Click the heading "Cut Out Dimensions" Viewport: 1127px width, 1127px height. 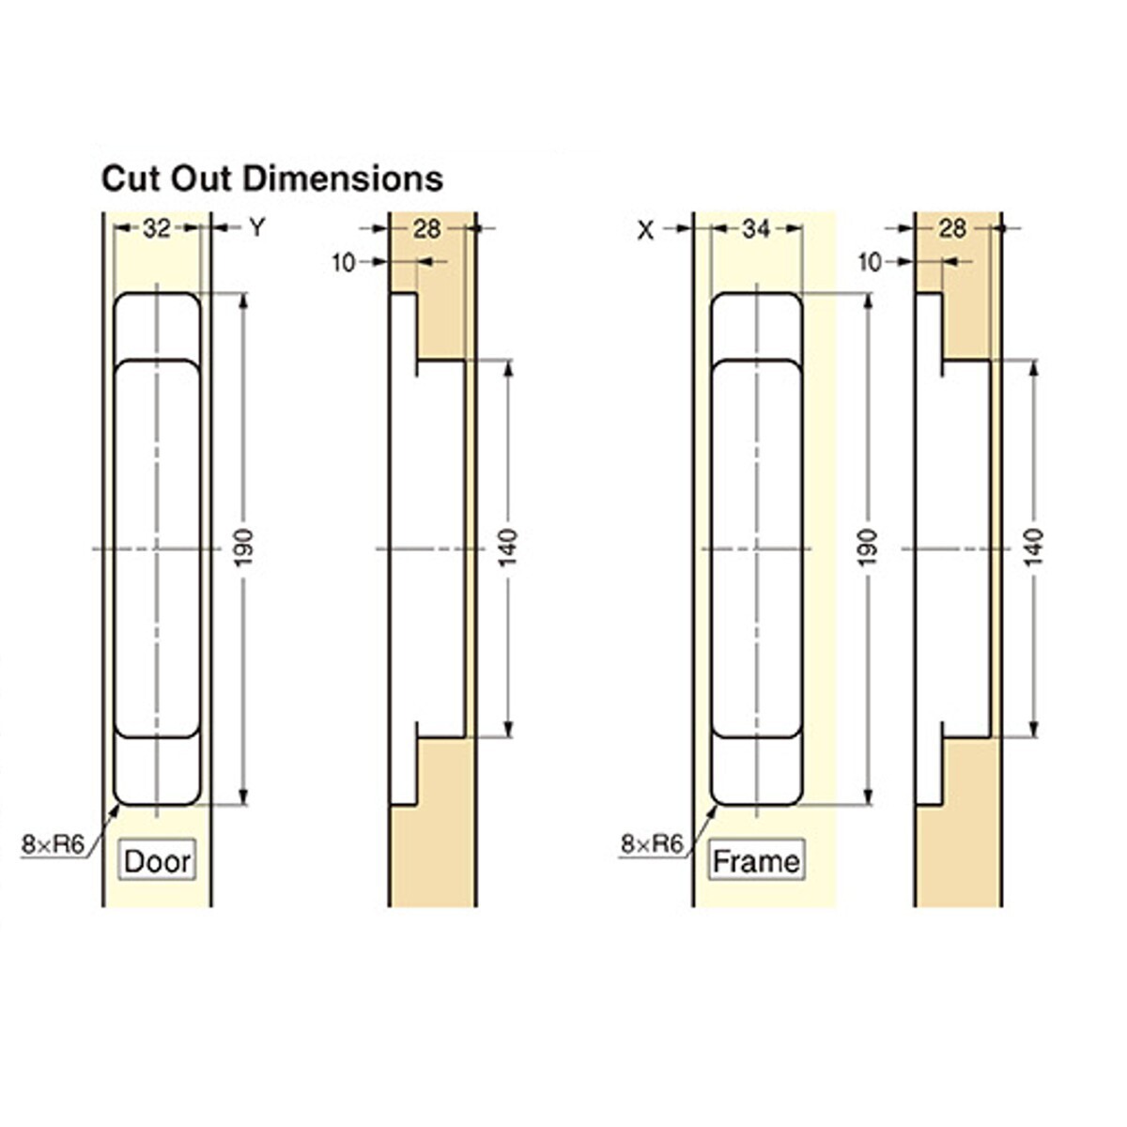click(272, 179)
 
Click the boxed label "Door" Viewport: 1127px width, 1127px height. click(158, 861)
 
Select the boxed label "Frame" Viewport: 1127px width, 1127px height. click(756, 861)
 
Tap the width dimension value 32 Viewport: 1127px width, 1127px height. click(156, 228)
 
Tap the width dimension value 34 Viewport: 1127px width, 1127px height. click(756, 228)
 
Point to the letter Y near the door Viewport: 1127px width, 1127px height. click(257, 228)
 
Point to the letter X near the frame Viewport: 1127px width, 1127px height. click(645, 231)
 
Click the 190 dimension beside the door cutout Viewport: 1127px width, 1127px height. click(245, 548)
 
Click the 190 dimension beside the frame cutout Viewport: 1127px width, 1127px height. click(869, 548)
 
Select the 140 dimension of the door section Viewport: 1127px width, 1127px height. click(509, 548)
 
